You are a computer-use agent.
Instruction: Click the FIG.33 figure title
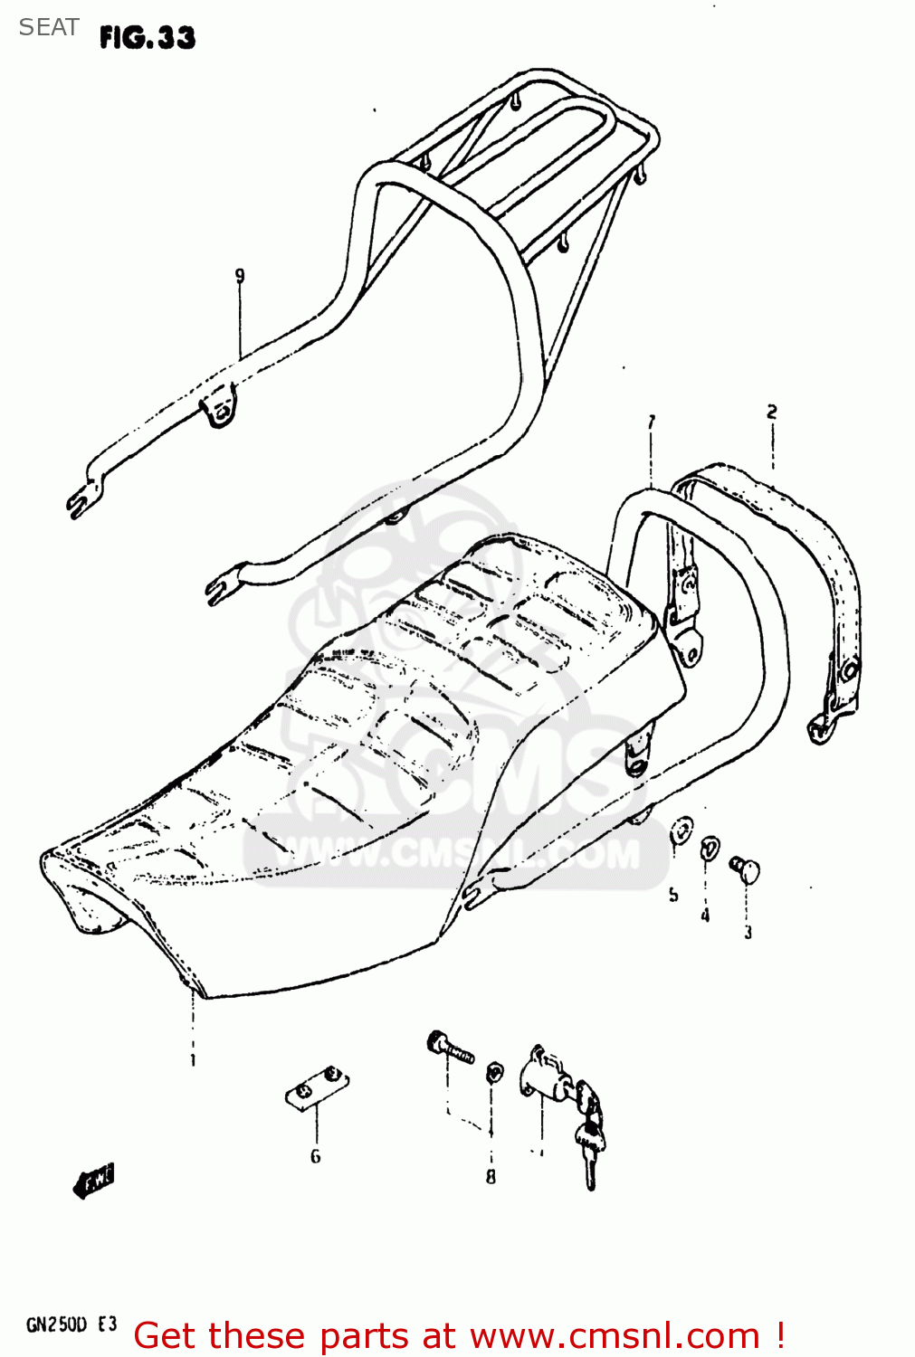point(148,37)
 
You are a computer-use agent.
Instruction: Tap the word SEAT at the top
point(49,28)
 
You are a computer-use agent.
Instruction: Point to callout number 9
point(240,276)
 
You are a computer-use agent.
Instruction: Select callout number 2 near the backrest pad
point(772,413)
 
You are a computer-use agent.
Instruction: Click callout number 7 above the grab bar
point(651,422)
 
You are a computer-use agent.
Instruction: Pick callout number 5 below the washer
point(673,895)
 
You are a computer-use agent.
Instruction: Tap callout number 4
point(705,916)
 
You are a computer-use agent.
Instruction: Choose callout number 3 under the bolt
point(748,932)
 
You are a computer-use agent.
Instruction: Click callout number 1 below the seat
point(193,1059)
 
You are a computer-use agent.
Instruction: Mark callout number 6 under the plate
point(315,1155)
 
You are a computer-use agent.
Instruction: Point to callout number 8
point(491,1176)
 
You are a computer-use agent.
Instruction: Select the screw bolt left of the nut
point(450,1049)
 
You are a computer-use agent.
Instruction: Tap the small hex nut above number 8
point(494,1073)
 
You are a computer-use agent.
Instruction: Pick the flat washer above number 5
point(681,830)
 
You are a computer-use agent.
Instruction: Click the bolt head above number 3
point(747,869)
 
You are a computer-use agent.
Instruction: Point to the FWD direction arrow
point(94,1181)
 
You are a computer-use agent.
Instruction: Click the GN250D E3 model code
point(71,1325)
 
